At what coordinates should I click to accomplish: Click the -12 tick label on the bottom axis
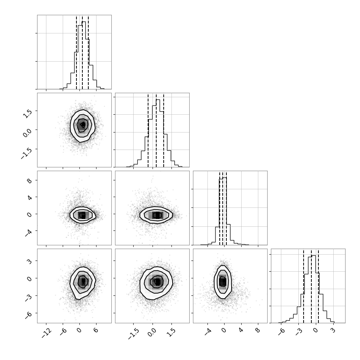[x=47, y=333]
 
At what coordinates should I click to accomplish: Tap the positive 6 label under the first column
[x=95, y=330]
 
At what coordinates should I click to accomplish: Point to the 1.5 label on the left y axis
[x=27, y=112]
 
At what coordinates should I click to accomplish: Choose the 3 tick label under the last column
[x=333, y=330]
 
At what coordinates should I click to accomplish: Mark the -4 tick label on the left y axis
[x=29, y=232]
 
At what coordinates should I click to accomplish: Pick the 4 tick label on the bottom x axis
[x=240, y=330]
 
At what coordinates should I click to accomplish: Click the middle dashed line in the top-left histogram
[x=82, y=52]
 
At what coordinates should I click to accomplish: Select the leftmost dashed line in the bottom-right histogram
[x=304, y=286]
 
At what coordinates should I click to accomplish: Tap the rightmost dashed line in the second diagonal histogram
[x=163, y=130]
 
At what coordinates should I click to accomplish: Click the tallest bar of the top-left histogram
[x=84, y=55]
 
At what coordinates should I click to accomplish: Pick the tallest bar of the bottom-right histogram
[x=314, y=289]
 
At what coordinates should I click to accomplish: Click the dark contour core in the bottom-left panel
[x=83, y=281]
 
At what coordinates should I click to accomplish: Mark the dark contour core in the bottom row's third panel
[x=223, y=281]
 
